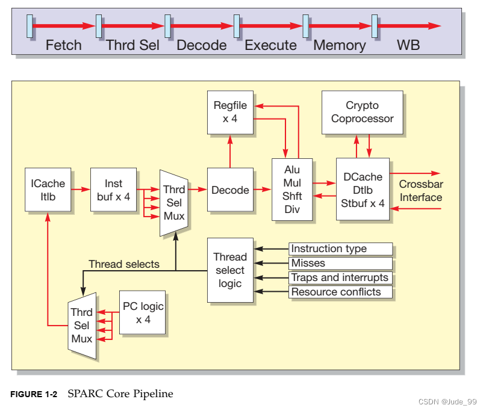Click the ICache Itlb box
pos(48,189)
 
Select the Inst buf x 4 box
pos(113,189)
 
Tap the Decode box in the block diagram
pos(230,190)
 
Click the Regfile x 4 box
pos(230,112)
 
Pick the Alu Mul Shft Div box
pos(291,190)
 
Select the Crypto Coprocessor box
pos(362,112)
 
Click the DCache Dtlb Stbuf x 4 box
pos(362,190)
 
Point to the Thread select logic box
pos(230,270)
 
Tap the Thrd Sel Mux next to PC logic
pos(81,326)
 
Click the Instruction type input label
pos(340,249)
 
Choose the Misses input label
pos(340,263)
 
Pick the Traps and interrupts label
pos(340,277)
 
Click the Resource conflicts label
pos(340,292)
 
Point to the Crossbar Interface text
pos(420,191)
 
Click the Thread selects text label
pos(123,264)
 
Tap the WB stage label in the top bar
pos(408,45)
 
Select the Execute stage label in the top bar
pos(270,45)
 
